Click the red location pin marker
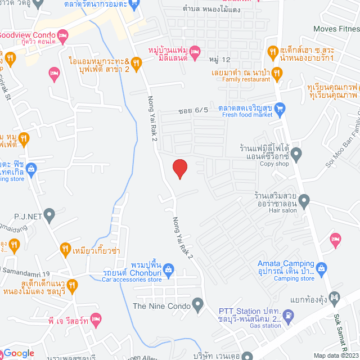pos(179,169)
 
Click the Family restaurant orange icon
pos(276,72)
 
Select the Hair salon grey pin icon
pos(304,200)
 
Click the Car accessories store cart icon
pos(174,274)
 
